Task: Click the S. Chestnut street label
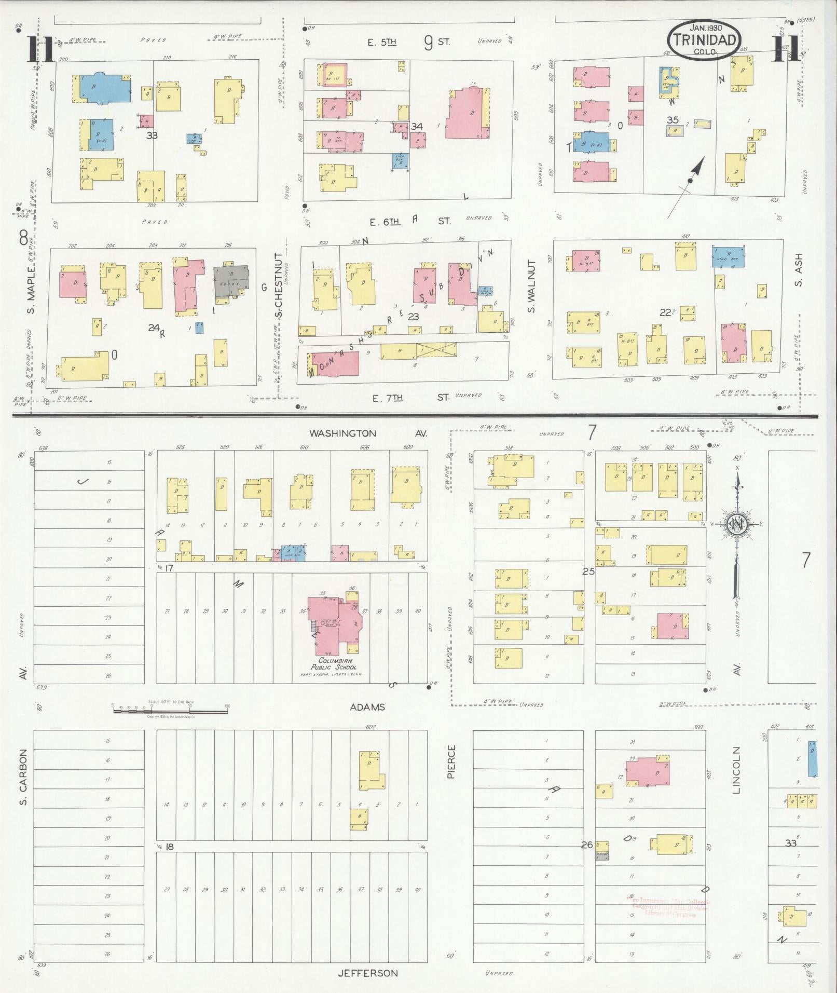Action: (x=279, y=285)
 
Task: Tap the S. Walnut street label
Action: (x=531, y=294)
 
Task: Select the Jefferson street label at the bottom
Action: (x=367, y=973)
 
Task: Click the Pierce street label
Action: (x=451, y=761)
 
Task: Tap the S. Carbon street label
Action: (x=23, y=777)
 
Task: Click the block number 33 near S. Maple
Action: (x=152, y=136)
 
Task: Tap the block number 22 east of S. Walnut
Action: (x=665, y=312)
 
